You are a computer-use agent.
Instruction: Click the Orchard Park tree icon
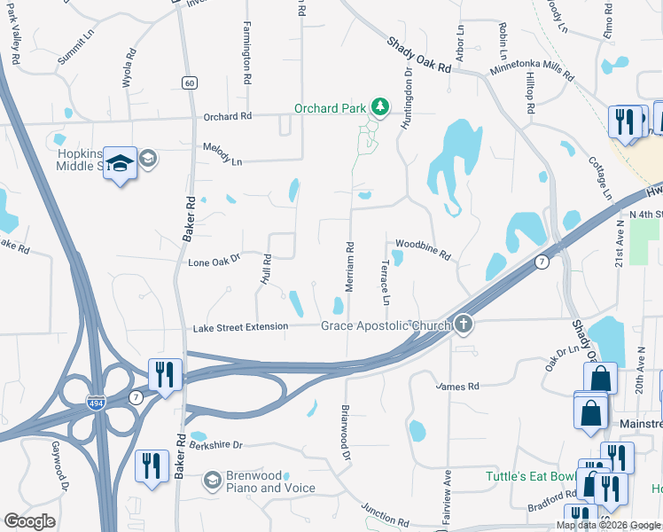380,108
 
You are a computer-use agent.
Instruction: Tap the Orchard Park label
332,109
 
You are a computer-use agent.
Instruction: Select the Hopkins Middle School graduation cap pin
121,164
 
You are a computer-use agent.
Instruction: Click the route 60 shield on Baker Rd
190,82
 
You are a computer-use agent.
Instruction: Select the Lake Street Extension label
240,327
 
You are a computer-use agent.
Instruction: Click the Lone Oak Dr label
214,262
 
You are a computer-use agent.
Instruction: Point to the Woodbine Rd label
423,249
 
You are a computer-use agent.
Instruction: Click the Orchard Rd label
228,116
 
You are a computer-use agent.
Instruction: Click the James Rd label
458,387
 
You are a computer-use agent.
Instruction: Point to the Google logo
30,521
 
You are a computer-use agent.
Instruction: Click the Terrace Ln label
386,283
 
